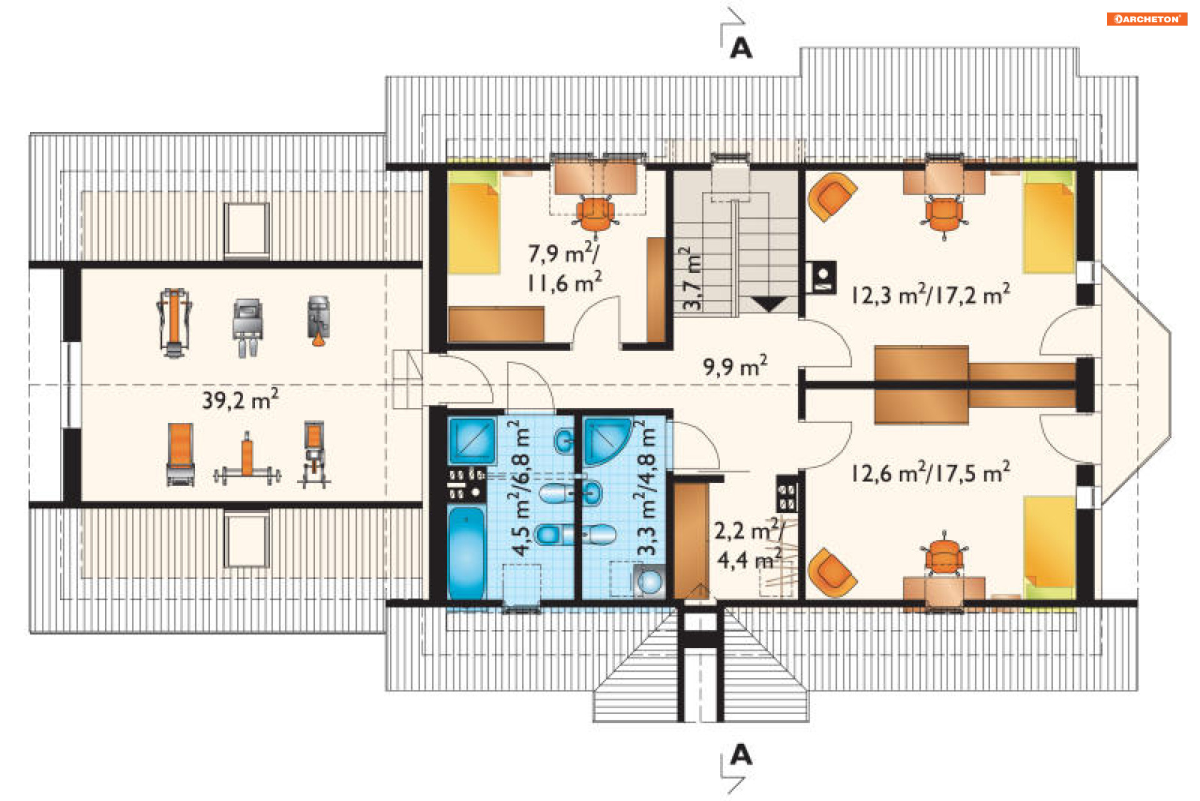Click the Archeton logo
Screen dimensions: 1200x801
tap(1146, 19)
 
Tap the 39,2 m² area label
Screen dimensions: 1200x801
tap(241, 399)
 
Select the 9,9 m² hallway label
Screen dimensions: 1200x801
tap(735, 366)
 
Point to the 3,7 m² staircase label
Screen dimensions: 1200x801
tap(691, 279)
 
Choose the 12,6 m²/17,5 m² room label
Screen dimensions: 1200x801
tap(931, 472)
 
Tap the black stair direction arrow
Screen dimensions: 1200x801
tap(769, 304)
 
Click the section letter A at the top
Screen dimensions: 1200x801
tap(741, 47)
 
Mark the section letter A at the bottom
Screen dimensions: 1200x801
tap(741, 755)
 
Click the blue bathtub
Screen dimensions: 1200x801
tap(466, 552)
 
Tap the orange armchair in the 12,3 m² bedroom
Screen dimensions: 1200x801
tap(831, 197)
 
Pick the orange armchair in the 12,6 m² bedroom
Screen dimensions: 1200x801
tap(831, 572)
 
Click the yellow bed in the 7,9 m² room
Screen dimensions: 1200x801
tap(474, 223)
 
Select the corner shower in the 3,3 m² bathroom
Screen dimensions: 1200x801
tap(607, 441)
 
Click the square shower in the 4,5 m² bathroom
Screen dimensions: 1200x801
tap(472, 440)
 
